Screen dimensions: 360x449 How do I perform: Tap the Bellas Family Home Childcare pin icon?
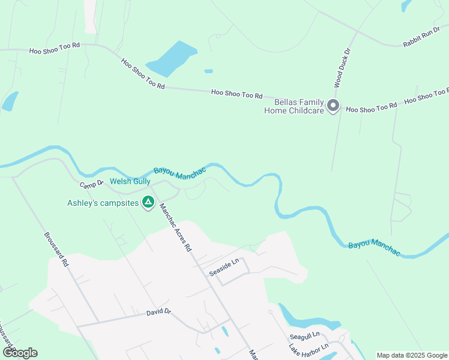click(x=333, y=107)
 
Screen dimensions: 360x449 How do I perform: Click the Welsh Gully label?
click(x=126, y=181)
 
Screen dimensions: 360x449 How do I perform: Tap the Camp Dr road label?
click(x=92, y=182)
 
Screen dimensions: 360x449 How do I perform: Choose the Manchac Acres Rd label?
click(x=175, y=227)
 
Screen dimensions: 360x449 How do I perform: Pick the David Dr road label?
click(x=159, y=312)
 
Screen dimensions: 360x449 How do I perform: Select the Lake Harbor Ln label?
click(x=309, y=348)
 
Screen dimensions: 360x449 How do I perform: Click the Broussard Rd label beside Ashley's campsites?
click(x=56, y=250)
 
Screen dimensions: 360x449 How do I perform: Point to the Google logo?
click(x=20, y=352)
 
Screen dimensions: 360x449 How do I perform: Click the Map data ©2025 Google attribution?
click(x=412, y=355)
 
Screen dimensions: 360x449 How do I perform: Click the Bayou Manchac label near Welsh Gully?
click(x=179, y=172)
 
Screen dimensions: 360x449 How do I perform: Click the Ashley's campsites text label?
click(x=103, y=203)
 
